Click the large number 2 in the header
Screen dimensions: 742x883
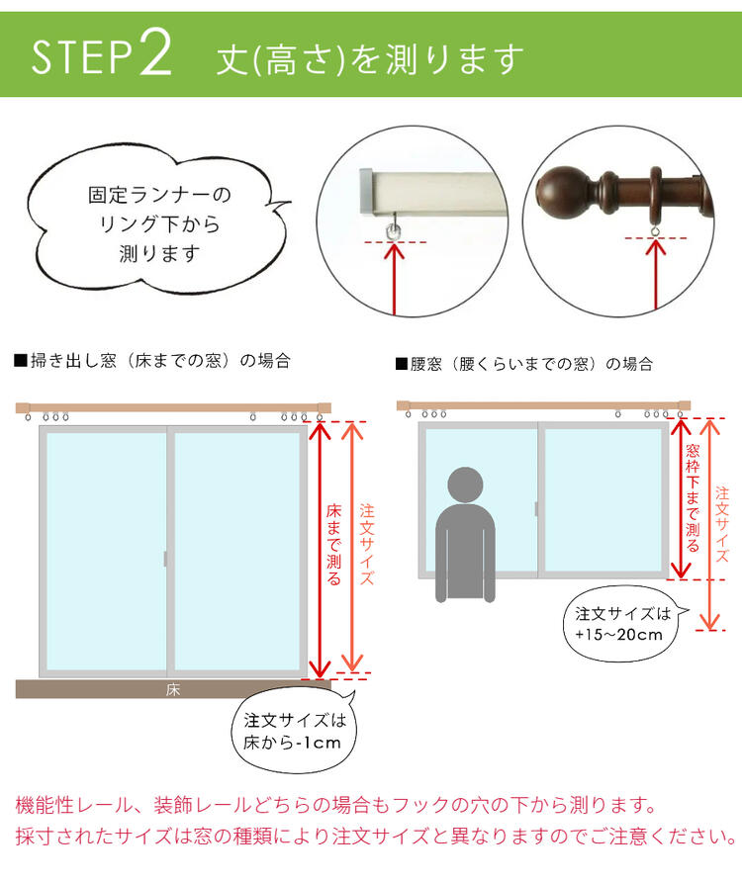[154, 53]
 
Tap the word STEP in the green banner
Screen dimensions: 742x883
[82, 56]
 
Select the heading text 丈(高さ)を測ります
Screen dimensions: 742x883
[370, 59]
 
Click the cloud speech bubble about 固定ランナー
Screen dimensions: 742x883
[157, 220]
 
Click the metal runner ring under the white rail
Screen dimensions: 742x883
[393, 229]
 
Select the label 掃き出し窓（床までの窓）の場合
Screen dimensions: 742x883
[152, 360]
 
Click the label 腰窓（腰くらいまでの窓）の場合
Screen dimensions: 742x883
[524, 364]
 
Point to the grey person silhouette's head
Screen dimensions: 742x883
[465, 485]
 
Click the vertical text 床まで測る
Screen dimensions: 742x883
[333, 545]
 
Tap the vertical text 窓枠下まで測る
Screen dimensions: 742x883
[693, 498]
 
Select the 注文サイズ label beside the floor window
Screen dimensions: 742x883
[367, 545]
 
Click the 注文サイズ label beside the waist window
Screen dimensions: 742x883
[721, 525]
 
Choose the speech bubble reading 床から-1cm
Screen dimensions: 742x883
[294, 731]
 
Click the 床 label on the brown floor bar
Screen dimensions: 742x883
[173, 690]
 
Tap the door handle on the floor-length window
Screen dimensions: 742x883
[165, 559]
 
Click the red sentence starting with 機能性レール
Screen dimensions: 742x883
[336, 805]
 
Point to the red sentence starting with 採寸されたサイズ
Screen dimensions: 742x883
[376, 836]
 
